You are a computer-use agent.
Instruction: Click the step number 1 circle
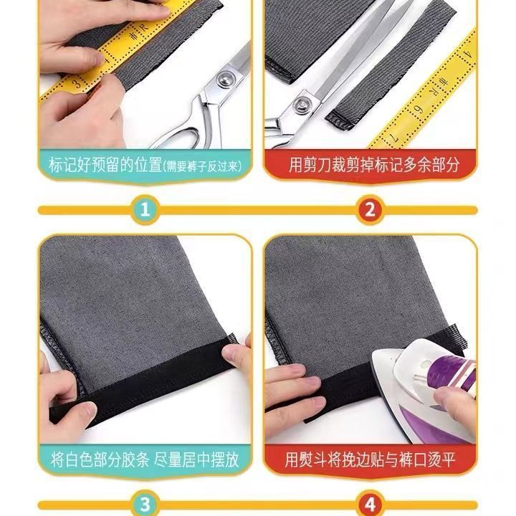coord(145,209)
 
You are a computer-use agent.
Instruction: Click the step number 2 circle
coord(370,209)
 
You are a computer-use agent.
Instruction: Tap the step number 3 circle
coord(145,505)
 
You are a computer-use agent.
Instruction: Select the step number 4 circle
coord(370,505)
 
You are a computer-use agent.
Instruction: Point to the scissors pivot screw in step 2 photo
coord(301,105)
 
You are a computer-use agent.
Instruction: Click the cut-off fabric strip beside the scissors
coord(391,62)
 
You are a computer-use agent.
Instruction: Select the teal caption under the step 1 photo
coord(145,166)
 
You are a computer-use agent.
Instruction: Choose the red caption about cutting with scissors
coord(371,166)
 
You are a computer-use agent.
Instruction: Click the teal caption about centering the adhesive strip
coord(145,459)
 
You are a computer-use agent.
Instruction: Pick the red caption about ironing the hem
coord(371,459)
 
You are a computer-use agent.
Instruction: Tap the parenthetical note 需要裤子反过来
coord(201,166)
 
